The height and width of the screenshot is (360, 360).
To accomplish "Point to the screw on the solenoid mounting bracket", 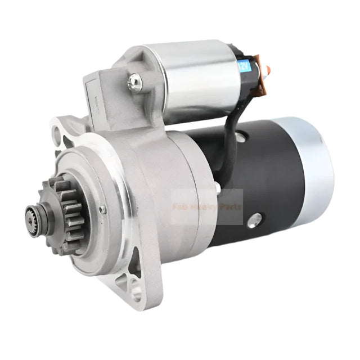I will (x=134, y=83).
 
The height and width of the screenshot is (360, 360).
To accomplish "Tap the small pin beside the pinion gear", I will (x=102, y=209).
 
